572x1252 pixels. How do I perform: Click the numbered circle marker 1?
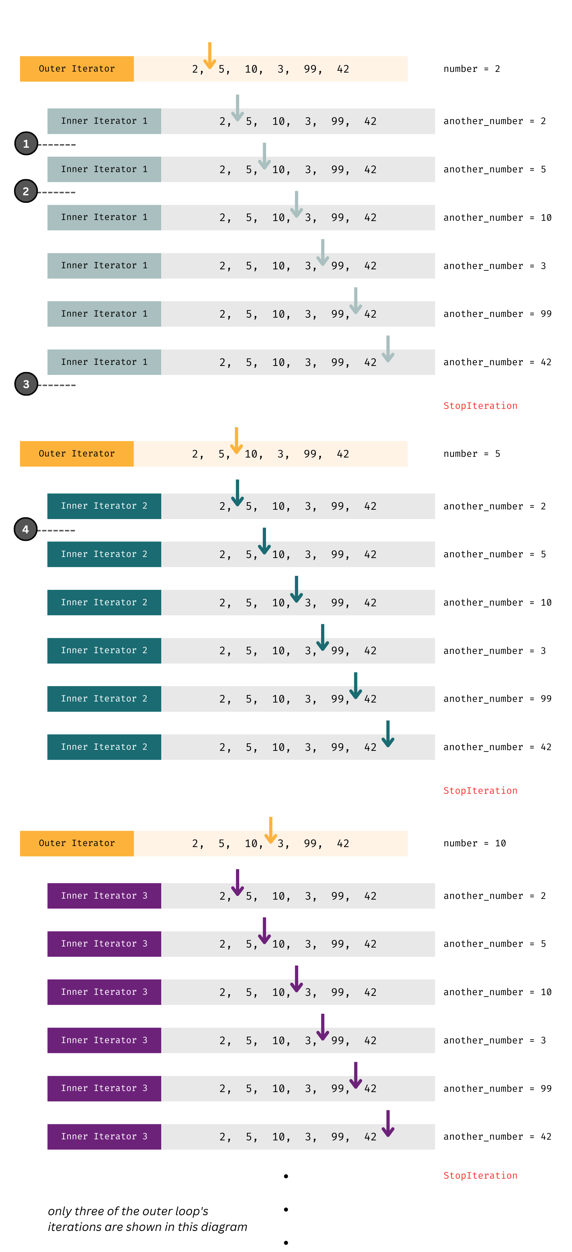[26, 143]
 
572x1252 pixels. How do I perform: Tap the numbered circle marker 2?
[26, 191]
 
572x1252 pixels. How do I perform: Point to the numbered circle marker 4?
[26, 529]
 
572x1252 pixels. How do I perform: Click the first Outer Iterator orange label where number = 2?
[77, 69]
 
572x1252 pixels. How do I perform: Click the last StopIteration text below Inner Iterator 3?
[480, 1175]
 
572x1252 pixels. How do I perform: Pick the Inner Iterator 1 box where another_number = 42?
[104, 362]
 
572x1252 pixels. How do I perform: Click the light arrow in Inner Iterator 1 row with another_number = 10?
[296, 204]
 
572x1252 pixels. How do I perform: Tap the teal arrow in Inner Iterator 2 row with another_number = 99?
[355, 685]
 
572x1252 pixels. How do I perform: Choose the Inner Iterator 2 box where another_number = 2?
[104, 506]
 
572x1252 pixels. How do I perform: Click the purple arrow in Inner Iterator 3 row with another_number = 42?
[388, 1123]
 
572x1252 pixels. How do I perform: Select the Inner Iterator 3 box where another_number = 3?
[104, 1040]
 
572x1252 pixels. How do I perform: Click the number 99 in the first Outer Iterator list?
[311, 69]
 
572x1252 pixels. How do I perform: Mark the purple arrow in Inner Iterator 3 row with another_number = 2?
[237, 882]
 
